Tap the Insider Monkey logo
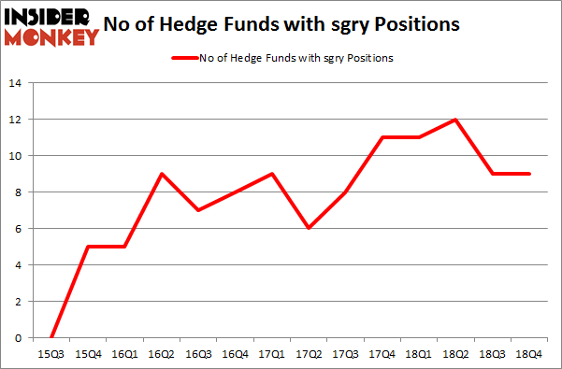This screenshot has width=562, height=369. pyautogui.click(x=51, y=25)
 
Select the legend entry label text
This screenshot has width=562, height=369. pyautogui.click(x=295, y=59)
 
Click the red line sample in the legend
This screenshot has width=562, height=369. pyautogui.click(x=183, y=59)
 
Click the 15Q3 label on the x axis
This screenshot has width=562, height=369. pyautogui.click(x=51, y=356)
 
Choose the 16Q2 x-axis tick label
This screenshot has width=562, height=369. pyautogui.click(x=164, y=356)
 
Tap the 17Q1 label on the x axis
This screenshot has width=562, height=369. pyautogui.click(x=270, y=356)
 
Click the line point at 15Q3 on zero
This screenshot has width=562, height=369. pyautogui.click(x=51, y=337)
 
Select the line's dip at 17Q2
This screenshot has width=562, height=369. pyautogui.click(x=309, y=229)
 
